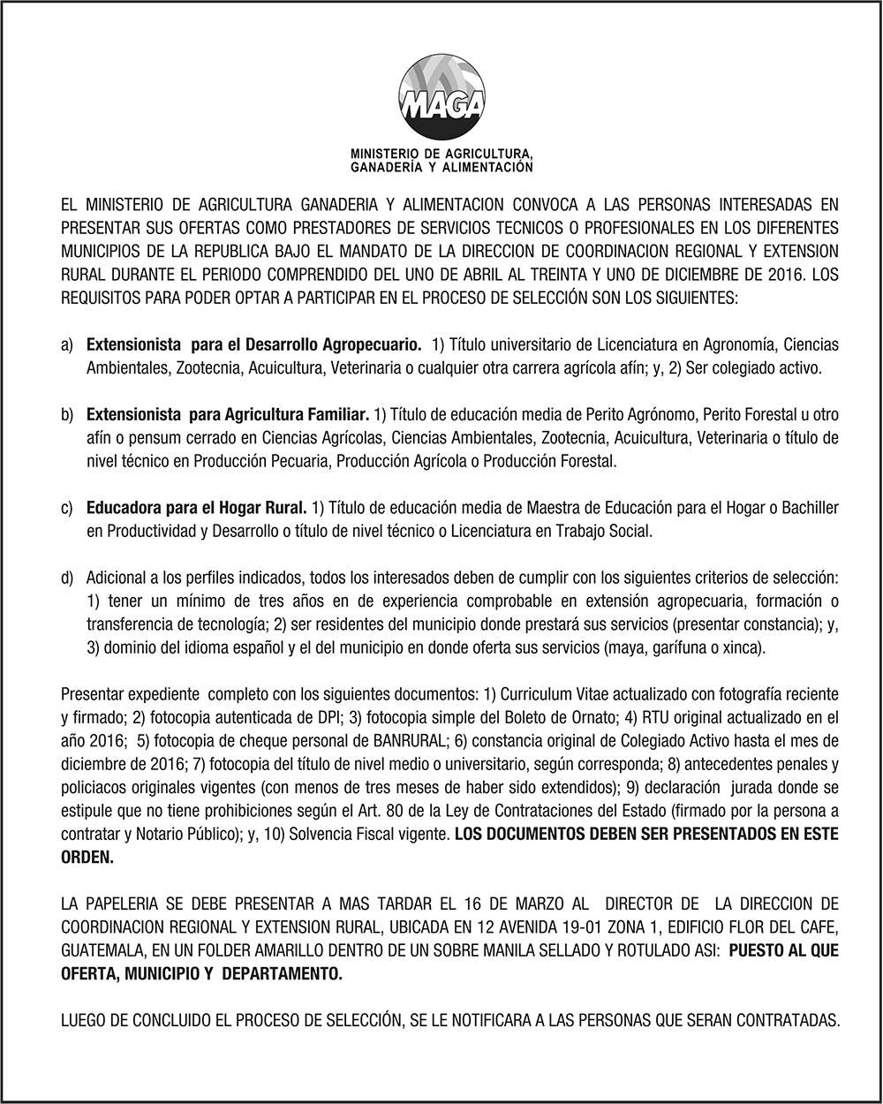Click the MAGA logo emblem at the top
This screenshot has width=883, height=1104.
coord(441,97)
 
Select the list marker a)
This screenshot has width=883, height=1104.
coord(67,344)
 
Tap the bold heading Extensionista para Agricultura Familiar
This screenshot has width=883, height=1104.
coord(227,413)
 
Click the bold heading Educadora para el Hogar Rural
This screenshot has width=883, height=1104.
coord(196,508)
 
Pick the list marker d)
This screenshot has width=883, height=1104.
coord(67,578)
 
